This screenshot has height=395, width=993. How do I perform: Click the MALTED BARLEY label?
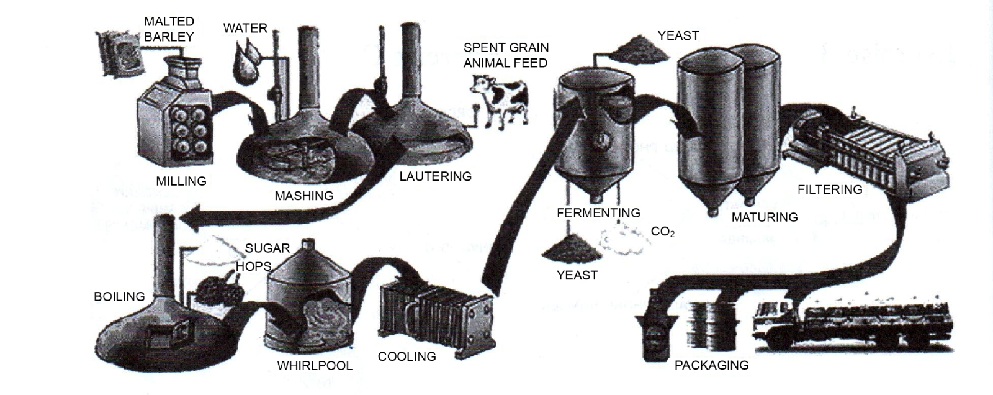click(169, 29)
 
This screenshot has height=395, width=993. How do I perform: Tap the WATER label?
click(245, 28)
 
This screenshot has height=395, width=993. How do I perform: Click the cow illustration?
click(500, 99)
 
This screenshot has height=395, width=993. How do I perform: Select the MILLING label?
click(181, 181)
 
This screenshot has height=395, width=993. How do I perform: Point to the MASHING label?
click(304, 196)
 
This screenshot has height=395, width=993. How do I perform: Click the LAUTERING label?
click(435, 176)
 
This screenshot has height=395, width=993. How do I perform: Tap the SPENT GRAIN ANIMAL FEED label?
click(506, 55)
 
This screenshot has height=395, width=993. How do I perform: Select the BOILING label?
click(119, 296)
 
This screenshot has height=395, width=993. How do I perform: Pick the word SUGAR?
click(267, 248)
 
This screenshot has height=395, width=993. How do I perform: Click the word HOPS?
click(253, 266)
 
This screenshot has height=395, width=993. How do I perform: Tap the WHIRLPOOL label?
click(315, 365)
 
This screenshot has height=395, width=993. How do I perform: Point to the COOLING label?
click(407, 356)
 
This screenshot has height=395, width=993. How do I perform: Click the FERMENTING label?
click(598, 213)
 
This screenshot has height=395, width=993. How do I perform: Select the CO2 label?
click(663, 232)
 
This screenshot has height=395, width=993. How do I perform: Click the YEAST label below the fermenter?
click(577, 275)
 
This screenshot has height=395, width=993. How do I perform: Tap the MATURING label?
click(765, 217)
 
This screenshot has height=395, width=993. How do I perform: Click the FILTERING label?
click(830, 189)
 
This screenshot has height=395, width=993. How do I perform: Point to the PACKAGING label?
click(711, 365)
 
